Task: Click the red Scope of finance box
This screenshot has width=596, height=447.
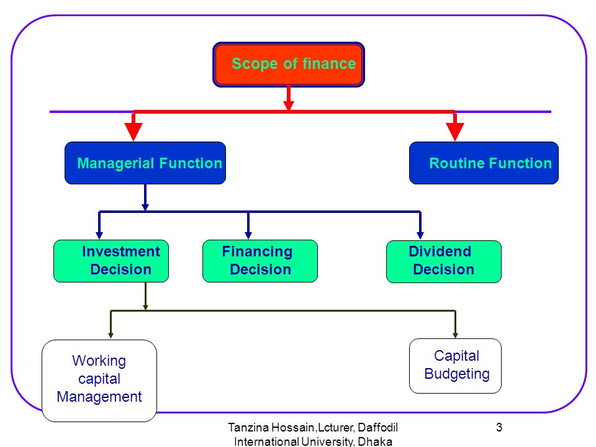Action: (289, 65)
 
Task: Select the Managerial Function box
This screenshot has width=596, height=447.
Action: (145, 163)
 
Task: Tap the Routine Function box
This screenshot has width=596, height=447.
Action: (484, 163)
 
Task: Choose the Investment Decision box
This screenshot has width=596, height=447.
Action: (111, 261)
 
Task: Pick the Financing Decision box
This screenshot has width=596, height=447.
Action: (260, 261)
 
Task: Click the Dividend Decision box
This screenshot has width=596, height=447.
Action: (443, 261)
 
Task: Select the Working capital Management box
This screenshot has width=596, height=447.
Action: (99, 381)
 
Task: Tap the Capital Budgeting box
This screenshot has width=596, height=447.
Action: (455, 366)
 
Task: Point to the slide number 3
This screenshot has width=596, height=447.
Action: (499, 427)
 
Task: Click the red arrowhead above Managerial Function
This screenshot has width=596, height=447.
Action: (133, 132)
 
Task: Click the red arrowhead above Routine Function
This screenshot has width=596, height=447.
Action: (454, 132)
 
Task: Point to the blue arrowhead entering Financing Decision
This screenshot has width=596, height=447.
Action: (248, 236)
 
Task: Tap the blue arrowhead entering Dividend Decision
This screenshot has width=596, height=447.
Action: (420, 236)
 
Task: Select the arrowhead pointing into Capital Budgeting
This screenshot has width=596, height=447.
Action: (455, 335)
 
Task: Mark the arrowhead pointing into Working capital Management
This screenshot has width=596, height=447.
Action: (111, 335)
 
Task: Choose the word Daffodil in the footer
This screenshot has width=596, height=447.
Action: (378, 428)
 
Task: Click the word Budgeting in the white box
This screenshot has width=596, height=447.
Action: (457, 374)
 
